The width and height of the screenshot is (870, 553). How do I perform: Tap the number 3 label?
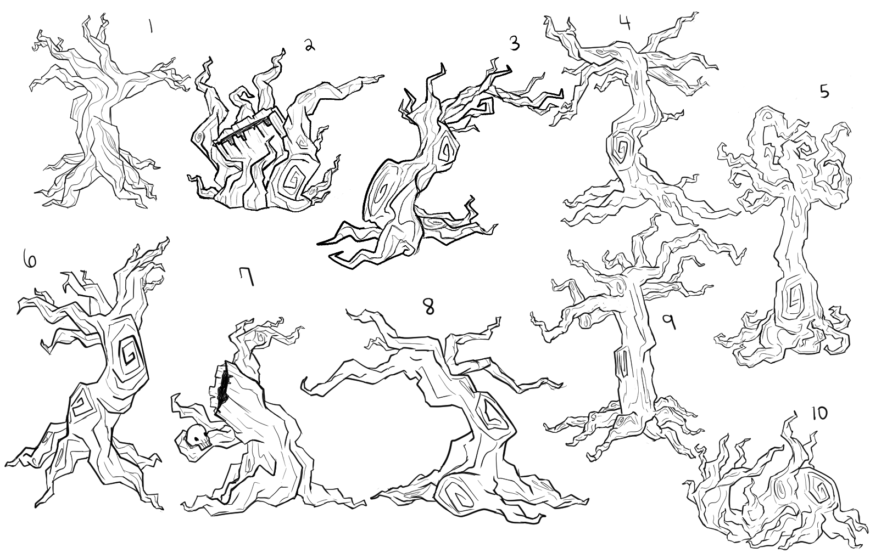pos(514,43)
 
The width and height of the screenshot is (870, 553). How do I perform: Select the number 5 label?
pos(824,92)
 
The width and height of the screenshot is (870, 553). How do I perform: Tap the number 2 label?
pos(309,46)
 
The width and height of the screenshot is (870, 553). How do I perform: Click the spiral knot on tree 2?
pos(293,179)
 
